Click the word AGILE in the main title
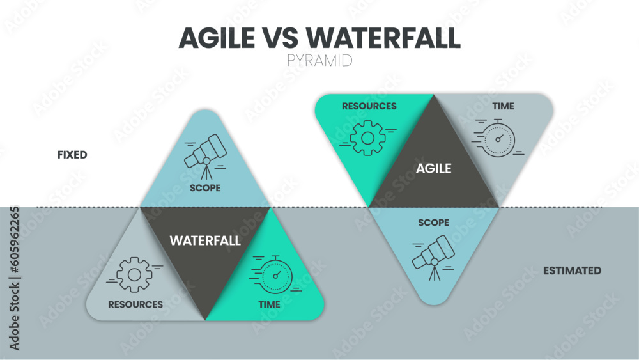[x=217, y=38]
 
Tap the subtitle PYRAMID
[x=319, y=61]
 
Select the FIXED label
[x=72, y=155]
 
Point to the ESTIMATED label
[x=572, y=270]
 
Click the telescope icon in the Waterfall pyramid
[x=206, y=157]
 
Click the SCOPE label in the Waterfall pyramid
[x=205, y=188]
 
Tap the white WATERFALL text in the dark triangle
[x=205, y=240]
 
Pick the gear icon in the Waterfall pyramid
[x=134, y=275]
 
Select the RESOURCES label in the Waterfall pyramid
[x=135, y=304]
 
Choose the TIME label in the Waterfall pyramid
[x=270, y=304]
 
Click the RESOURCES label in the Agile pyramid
[x=369, y=106]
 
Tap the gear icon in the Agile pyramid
[x=367, y=138]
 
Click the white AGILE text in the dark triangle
[x=434, y=168]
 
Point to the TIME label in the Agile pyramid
[x=504, y=106]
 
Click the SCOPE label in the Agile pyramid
[x=434, y=223]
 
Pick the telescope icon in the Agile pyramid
[x=434, y=258]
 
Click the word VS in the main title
[x=281, y=38]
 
